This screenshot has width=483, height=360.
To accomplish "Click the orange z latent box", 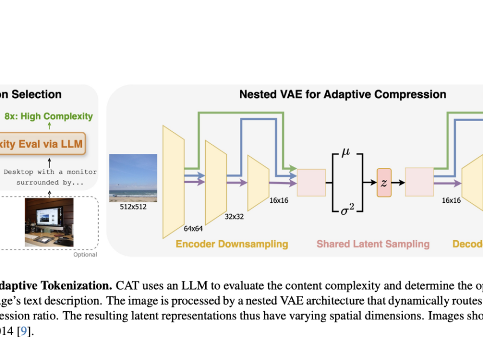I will pos(384,182).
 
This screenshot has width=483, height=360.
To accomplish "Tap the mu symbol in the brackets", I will pos(346,154).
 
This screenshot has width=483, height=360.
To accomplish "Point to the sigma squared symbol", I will pos(347,208).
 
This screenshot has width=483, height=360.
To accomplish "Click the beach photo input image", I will pos(133,178).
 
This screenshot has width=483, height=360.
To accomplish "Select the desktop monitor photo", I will pos(49,222).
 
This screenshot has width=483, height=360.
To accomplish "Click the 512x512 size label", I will pos(134,207).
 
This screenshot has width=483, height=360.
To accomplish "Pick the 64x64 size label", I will pos(193,229).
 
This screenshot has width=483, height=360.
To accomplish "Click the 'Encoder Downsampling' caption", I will pos(232,244).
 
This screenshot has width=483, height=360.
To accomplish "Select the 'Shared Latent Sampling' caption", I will pos(373,244).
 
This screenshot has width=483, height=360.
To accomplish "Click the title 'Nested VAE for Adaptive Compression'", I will pos(342,94).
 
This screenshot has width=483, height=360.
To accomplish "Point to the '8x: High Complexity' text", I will pos(49,116).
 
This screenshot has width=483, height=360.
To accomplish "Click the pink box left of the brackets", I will pos(311,182).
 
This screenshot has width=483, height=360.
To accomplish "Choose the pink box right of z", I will pos(419,182).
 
